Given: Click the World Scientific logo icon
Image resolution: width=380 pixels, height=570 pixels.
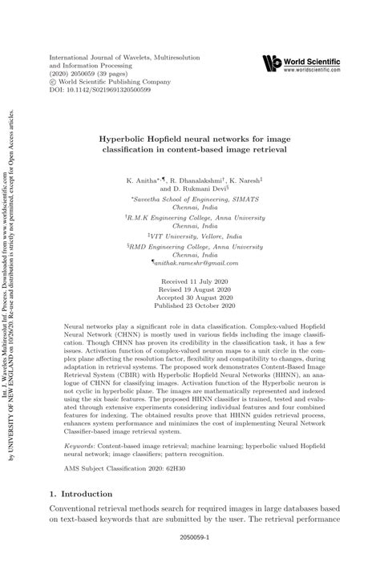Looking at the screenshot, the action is click(x=273, y=62).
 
